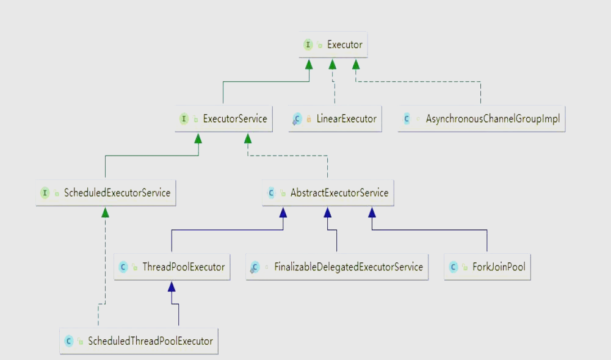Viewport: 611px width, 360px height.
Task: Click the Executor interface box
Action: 333,45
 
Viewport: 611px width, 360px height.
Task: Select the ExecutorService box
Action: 223,118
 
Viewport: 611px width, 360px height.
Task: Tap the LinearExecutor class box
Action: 335,118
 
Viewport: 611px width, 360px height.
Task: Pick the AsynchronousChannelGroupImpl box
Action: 482,118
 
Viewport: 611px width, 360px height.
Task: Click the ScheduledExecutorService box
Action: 106,193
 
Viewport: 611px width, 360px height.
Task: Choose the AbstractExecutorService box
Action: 328,193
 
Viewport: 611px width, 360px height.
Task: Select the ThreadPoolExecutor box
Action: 172,267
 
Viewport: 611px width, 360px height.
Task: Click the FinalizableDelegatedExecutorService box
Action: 337,267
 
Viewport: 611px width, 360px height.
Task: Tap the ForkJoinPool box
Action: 488,267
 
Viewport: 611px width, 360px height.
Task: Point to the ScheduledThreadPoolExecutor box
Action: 139,341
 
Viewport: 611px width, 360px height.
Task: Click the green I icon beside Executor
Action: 308,45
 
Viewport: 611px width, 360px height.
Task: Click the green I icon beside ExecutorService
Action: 184,118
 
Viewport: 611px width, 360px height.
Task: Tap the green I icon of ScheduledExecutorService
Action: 45,193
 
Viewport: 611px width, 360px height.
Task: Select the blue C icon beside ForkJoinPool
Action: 453,267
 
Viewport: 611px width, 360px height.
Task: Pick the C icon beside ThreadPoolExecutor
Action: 123,267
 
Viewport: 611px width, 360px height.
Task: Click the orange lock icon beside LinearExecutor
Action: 309,119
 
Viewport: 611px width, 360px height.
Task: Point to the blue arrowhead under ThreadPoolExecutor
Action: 172,287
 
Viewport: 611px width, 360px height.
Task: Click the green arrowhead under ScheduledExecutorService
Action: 105,213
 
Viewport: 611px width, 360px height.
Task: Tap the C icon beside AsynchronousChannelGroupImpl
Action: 407,118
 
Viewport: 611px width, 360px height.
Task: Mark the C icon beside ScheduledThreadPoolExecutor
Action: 68,341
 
